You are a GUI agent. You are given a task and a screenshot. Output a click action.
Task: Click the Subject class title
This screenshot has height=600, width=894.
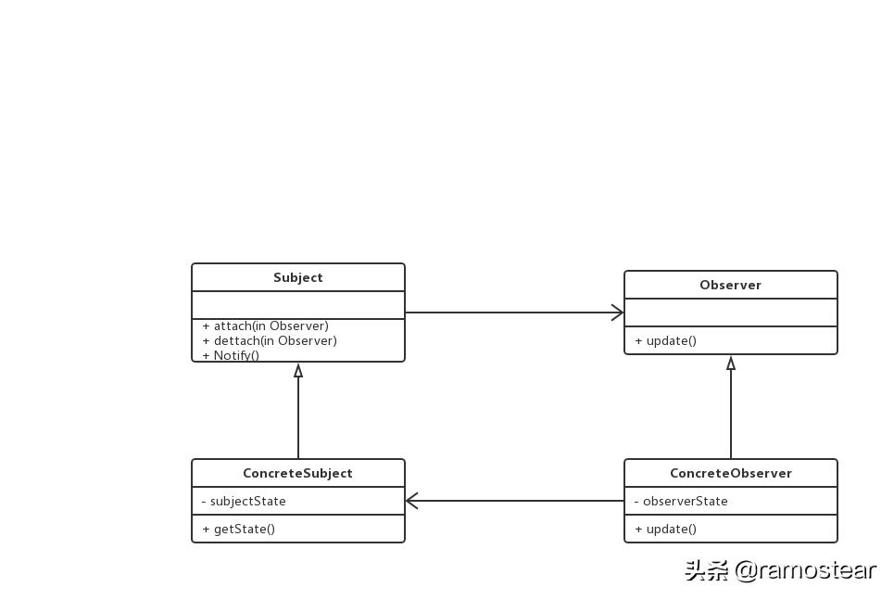click(x=297, y=277)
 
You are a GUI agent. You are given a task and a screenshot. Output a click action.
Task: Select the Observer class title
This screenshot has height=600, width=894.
click(x=730, y=285)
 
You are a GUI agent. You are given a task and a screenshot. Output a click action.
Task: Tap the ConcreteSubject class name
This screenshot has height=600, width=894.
click(x=297, y=473)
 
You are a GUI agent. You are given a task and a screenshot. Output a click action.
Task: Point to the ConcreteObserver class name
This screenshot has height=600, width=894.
click(x=730, y=473)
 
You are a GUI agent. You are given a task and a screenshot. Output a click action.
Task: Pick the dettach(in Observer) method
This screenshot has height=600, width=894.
click(x=270, y=340)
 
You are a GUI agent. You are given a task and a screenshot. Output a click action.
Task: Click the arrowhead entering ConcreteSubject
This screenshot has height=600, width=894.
click(x=412, y=501)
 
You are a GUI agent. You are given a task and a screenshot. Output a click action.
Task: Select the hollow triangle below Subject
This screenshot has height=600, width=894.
click(x=298, y=370)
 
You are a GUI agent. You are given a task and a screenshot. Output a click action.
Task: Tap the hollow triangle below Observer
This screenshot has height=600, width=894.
click(x=731, y=364)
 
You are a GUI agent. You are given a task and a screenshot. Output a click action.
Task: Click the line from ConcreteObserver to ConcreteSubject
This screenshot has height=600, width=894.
click(x=519, y=501)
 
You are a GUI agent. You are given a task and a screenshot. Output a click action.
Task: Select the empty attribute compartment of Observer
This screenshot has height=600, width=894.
click(x=730, y=313)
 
